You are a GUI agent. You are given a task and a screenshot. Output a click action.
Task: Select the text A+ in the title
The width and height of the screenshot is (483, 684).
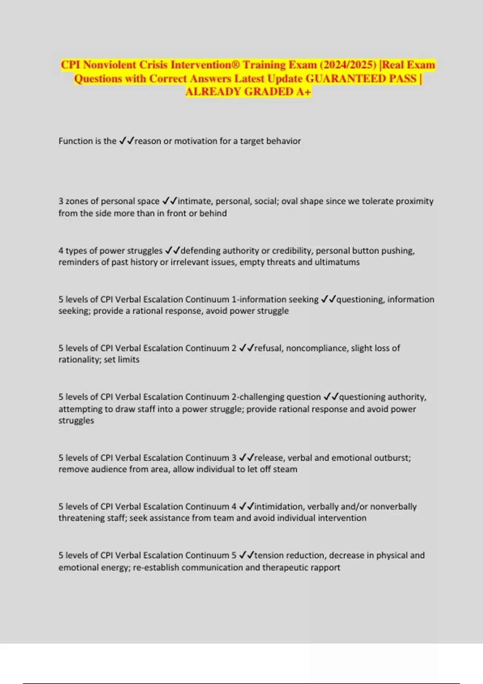click(x=304, y=92)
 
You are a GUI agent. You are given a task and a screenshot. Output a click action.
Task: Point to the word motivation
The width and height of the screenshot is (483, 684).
click(x=195, y=141)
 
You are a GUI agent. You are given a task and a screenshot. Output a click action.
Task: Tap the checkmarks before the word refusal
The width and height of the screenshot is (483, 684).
click(x=246, y=348)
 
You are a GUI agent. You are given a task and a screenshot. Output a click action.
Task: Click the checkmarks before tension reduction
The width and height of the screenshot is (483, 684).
click(x=246, y=555)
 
